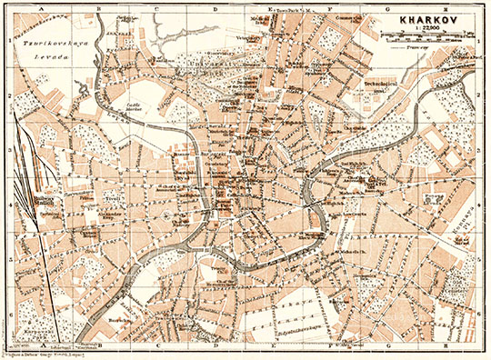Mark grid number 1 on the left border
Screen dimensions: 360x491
[x=5, y=41]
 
